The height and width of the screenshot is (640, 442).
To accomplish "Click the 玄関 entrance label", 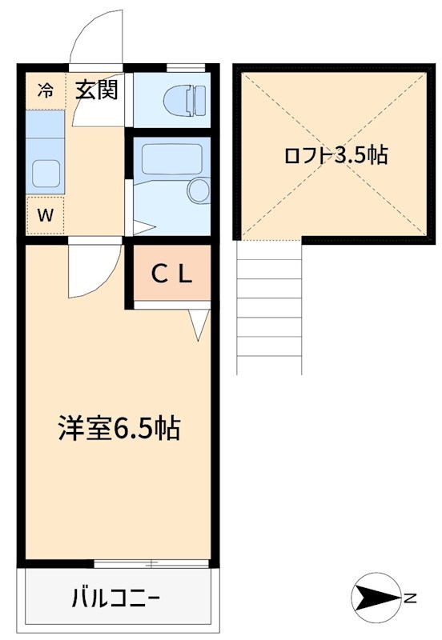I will [97, 90].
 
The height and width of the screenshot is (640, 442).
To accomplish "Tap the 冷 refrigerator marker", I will [45, 90].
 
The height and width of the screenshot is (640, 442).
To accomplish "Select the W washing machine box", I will [45, 214].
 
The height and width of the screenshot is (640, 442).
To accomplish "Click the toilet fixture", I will [185, 101].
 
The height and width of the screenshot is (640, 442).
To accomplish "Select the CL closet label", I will [171, 276].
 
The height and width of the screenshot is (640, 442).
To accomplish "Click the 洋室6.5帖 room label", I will [118, 430].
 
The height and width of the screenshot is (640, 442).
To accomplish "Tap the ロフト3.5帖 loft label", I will [336, 156].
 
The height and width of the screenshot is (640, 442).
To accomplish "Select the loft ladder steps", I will [270, 308].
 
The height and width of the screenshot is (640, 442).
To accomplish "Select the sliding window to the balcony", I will [152, 564].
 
